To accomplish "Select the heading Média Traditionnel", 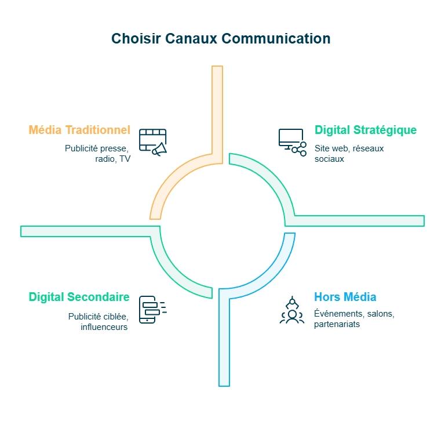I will point(79,129).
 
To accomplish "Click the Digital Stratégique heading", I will point(365,130).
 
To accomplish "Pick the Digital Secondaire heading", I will point(79,297).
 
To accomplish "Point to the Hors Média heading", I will point(345,297).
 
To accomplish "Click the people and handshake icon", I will point(292,310).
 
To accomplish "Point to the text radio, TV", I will point(113,158).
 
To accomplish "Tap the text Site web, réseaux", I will point(349,148).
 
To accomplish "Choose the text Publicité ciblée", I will point(98,316).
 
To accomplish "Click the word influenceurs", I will point(104,326).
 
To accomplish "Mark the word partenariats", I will point(337,324).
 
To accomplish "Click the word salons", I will point(380,314).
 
